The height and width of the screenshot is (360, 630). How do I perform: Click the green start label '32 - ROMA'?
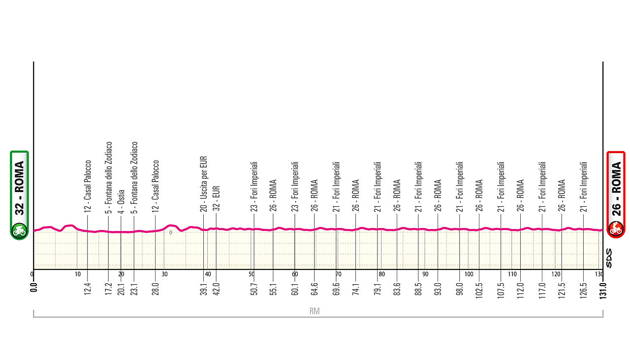pyautogui.click(x=20, y=188)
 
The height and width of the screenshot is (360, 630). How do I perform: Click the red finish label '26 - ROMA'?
pyautogui.click(x=616, y=188)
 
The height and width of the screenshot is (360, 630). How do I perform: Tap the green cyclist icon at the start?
pyautogui.click(x=20, y=229)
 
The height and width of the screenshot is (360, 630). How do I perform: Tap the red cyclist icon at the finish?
pyautogui.click(x=616, y=229)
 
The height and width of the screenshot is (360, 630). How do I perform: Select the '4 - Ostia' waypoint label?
pyautogui.click(x=121, y=201)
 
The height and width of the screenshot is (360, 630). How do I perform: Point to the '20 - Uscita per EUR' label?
pyautogui.click(x=204, y=184)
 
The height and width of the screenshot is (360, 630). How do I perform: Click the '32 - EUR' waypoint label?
pyautogui.click(x=216, y=198)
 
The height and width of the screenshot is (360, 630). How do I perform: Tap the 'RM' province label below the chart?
pyautogui.click(x=315, y=311)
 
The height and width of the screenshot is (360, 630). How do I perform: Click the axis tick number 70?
pyautogui.click(x=338, y=274)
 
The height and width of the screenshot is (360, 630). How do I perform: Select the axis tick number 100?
pyautogui.click(x=469, y=274)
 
